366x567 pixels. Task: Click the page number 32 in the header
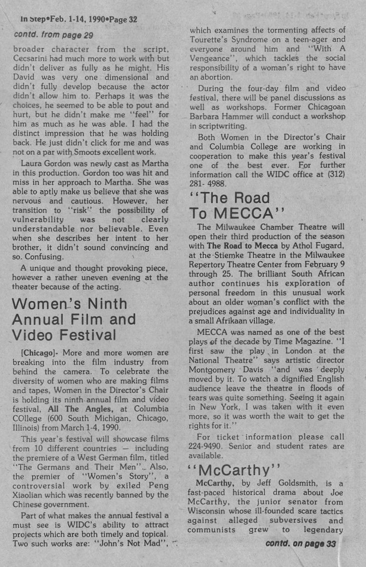tap(131, 19)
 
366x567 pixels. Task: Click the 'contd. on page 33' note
tap(300, 543)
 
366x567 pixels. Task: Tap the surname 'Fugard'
tap(330, 245)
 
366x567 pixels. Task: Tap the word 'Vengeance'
tap(214, 58)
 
